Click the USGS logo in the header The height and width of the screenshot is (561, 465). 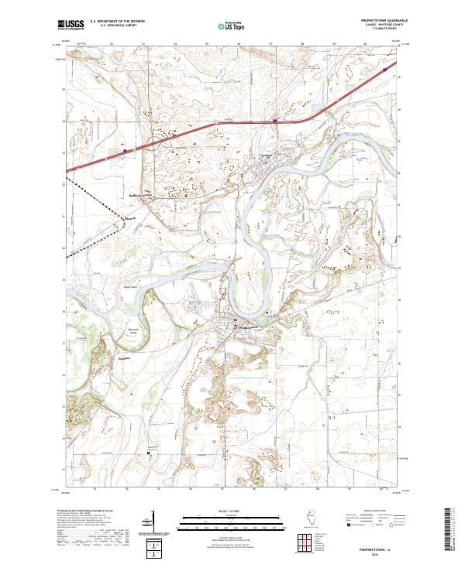(71, 26)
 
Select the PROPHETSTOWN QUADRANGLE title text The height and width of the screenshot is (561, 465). (382, 21)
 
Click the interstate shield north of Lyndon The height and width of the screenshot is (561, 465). (275, 120)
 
